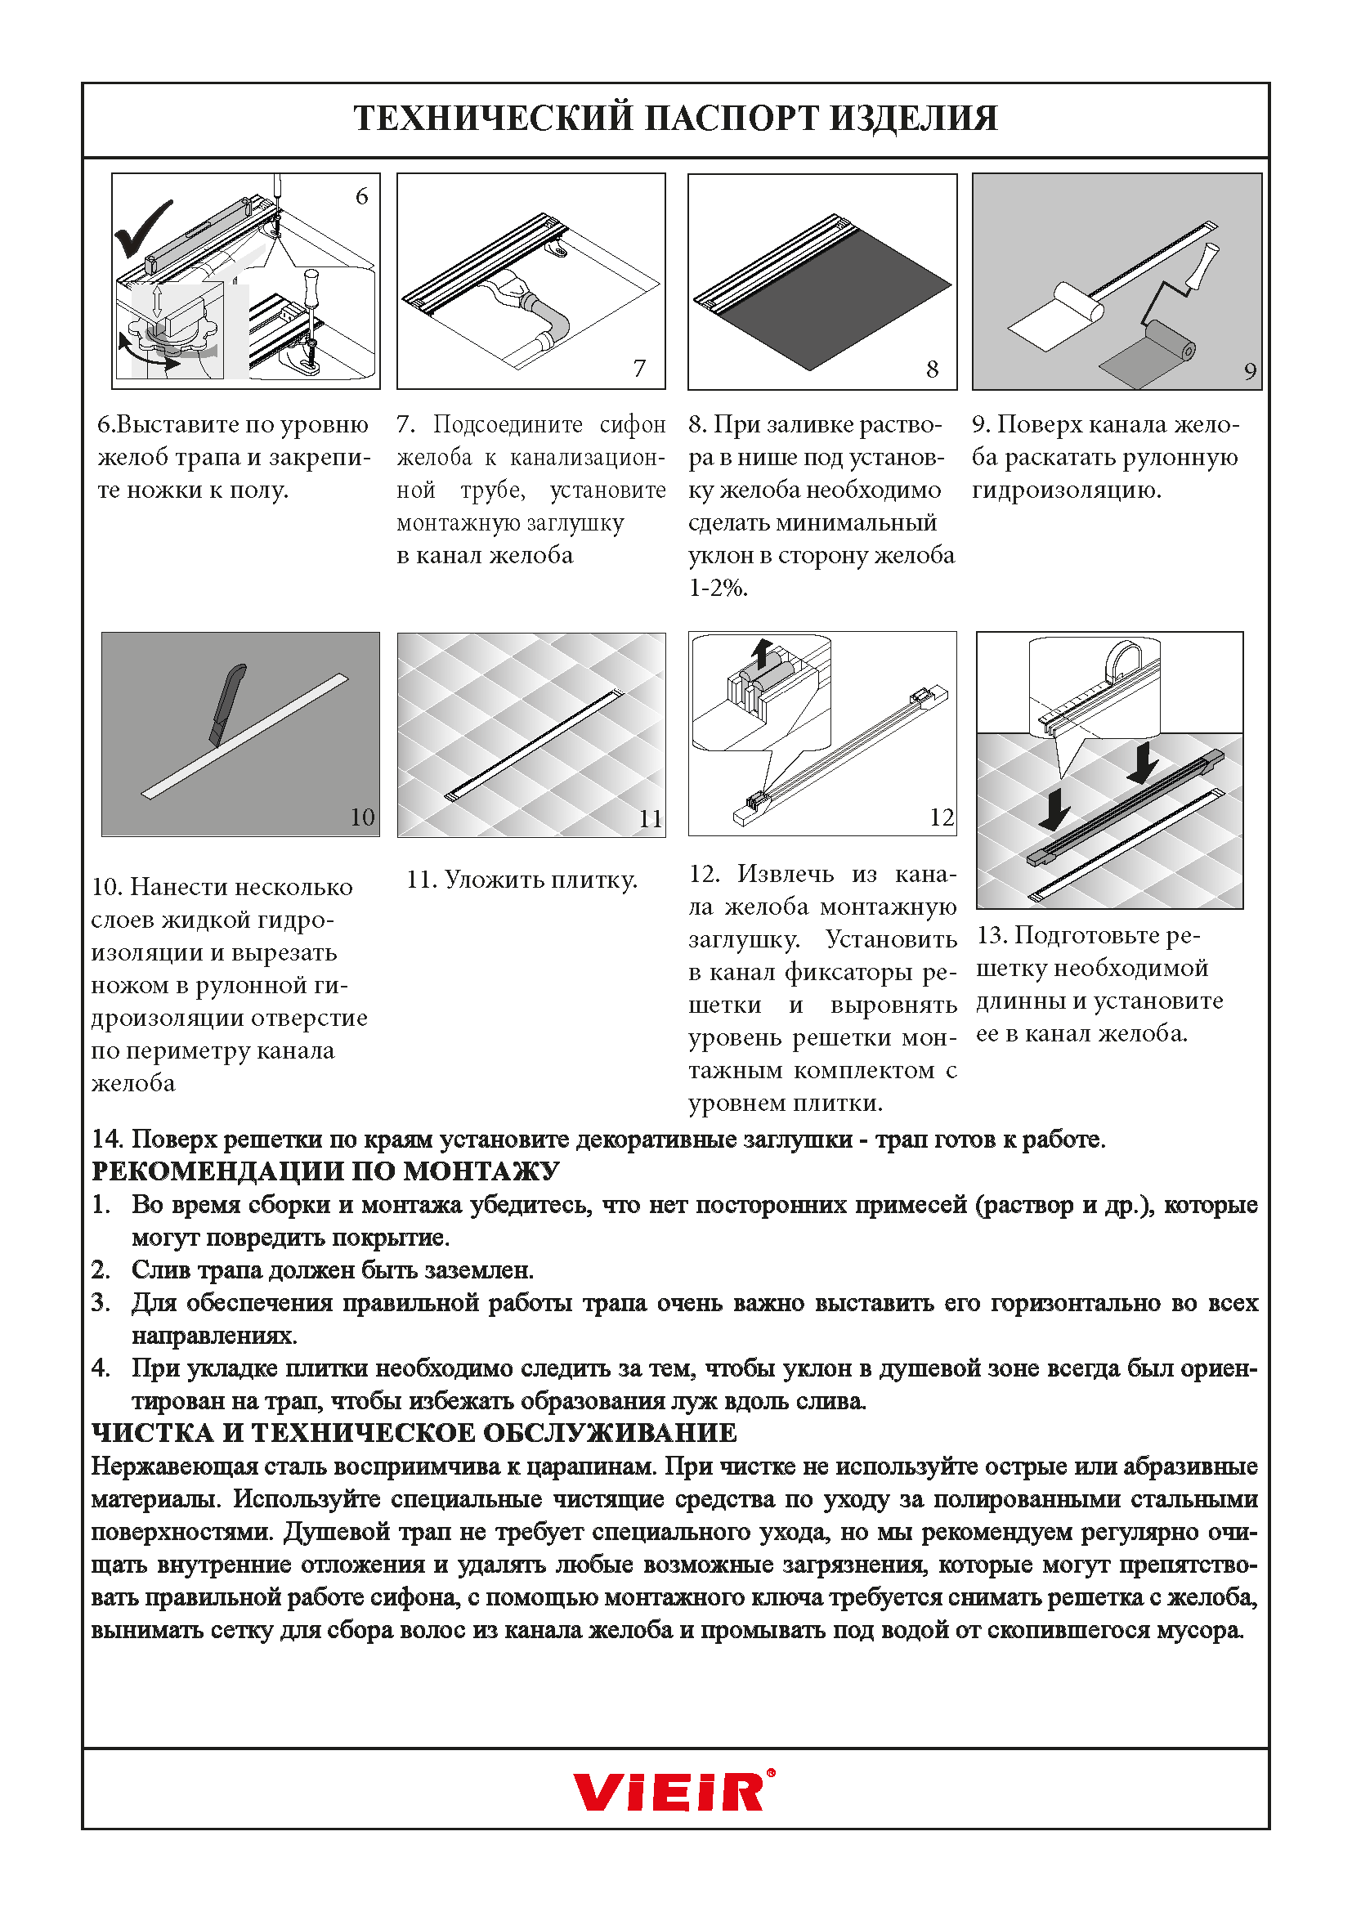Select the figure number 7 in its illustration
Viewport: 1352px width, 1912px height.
click(639, 368)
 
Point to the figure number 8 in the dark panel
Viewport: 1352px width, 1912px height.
click(933, 369)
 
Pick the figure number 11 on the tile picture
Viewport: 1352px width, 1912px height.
click(650, 819)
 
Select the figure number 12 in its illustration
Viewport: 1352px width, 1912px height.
click(942, 817)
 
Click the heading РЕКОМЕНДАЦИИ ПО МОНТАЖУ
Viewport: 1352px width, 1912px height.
click(325, 1171)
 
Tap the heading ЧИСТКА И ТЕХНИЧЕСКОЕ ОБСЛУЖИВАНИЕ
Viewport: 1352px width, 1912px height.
click(414, 1433)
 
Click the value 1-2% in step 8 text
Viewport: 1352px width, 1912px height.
click(718, 589)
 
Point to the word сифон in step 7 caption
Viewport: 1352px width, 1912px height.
click(633, 425)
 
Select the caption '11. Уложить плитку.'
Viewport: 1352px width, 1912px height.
click(522, 880)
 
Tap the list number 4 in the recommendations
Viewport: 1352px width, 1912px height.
click(101, 1368)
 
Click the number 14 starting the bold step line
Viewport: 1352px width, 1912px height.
click(107, 1140)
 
